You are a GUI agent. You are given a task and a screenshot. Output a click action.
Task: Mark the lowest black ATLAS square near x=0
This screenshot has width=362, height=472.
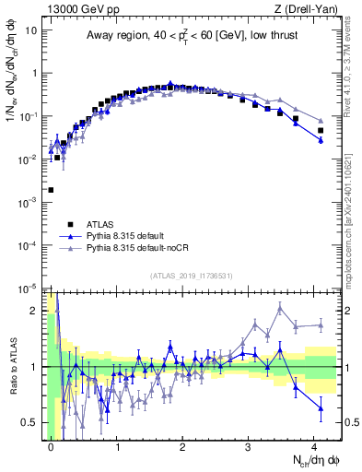click(x=51, y=190)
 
